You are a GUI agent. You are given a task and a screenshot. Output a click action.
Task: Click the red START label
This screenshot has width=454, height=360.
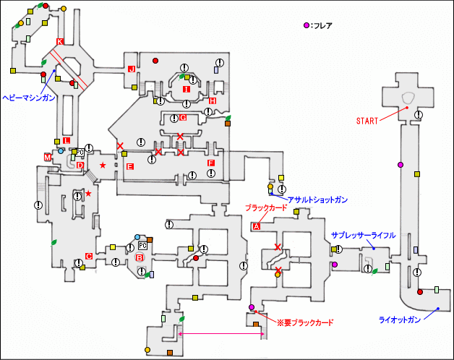(x=368, y=121)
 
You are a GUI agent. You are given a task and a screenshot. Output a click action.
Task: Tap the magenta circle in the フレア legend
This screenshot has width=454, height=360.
(x=307, y=26)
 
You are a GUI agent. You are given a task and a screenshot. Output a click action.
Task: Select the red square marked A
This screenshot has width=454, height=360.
(x=256, y=226)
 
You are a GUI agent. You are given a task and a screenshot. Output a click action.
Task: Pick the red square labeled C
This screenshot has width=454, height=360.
(x=88, y=256)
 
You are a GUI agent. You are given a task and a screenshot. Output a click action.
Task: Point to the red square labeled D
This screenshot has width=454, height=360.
(x=80, y=166)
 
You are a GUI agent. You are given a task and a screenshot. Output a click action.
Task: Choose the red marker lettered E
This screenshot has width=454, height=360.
(x=130, y=167)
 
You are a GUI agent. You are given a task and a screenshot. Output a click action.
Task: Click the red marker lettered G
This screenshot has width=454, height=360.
(x=183, y=118)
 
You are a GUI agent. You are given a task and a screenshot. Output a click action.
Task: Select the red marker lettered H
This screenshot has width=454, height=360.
(x=213, y=101)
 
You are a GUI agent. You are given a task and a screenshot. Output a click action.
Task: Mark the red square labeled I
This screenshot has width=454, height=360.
(x=186, y=90)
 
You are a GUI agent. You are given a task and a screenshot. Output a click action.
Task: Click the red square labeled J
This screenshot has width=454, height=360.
(x=132, y=69)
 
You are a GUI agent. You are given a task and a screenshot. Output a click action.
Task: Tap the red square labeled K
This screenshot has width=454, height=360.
(x=60, y=41)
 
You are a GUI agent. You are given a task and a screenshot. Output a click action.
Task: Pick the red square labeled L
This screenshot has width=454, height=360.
(x=67, y=140)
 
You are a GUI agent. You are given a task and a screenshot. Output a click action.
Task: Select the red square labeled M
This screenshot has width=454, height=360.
(x=48, y=156)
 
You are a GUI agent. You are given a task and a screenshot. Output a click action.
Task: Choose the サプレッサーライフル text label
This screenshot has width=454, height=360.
(x=363, y=236)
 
